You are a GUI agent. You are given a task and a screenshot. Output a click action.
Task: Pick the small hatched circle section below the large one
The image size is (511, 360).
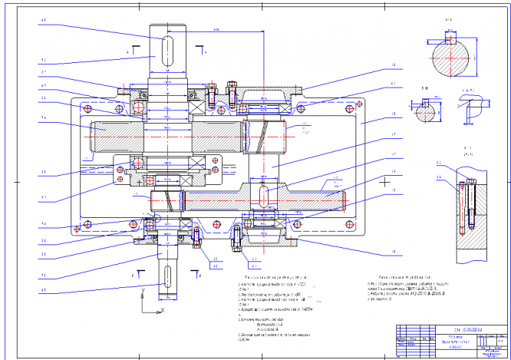(x=425, y=114)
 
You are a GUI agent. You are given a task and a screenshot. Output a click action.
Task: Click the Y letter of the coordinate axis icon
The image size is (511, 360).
(x=143, y=289)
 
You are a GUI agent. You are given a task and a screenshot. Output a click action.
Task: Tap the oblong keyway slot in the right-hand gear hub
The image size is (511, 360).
(x=263, y=193)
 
